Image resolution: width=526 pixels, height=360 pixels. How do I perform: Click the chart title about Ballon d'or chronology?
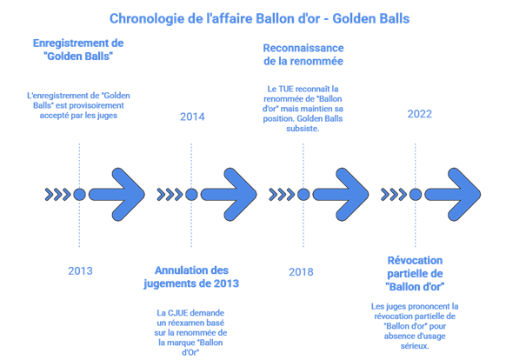[x=260, y=17]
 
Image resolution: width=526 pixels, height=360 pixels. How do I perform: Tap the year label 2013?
[x=80, y=270]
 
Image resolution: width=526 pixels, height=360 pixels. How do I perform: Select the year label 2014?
[x=192, y=117]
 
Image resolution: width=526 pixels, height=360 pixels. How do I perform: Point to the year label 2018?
[x=302, y=272]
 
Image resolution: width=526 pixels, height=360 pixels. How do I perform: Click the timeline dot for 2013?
[x=80, y=194]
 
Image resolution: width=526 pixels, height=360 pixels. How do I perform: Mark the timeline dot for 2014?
[x=191, y=194]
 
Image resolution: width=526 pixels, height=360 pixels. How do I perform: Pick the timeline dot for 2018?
[x=303, y=194]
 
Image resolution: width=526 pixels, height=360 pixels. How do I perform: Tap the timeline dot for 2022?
[x=415, y=194]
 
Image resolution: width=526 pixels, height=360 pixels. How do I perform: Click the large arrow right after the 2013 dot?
[x=117, y=194]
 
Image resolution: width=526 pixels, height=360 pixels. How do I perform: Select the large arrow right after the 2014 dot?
[x=229, y=194]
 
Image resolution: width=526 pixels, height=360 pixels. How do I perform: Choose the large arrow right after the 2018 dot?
[x=341, y=194]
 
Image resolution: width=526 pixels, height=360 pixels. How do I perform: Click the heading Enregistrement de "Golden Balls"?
[x=78, y=50]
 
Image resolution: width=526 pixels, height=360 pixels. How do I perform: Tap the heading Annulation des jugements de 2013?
[x=192, y=277]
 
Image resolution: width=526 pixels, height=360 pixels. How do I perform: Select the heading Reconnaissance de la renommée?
[x=303, y=54]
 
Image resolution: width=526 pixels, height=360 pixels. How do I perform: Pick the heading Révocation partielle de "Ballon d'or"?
[x=415, y=273]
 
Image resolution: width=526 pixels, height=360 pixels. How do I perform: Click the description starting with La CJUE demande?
[x=192, y=327]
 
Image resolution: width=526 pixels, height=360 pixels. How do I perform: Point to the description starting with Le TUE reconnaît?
[x=303, y=107]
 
